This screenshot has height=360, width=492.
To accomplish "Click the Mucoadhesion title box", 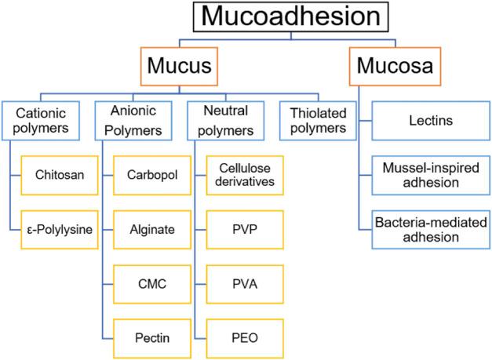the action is pyautogui.click(x=290, y=16).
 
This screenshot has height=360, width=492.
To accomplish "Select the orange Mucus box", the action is pyautogui.click(x=179, y=66).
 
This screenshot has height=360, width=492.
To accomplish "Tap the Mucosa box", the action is pyautogui.click(x=395, y=66).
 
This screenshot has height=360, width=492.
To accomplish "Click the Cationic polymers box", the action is pyautogui.click(x=41, y=121).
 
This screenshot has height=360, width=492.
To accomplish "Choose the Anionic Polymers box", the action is pyautogui.click(x=133, y=121).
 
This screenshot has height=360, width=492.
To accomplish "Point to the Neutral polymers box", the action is pyautogui.click(x=226, y=121).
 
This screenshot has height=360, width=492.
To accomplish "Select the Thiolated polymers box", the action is pyautogui.click(x=318, y=121).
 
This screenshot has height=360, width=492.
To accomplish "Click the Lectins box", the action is pyautogui.click(x=431, y=121).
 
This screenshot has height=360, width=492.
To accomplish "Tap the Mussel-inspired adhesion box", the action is pyautogui.click(x=431, y=176).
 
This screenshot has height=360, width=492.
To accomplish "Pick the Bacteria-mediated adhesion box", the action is pyautogui.click(x=431, y=230).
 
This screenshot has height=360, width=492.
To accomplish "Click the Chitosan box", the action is pyautogui.click(x=60, y=176).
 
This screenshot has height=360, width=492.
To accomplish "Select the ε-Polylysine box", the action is pyautogui.click(x=60, y=230).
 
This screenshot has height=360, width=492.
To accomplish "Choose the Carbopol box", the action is pyautogui.click(x=152, y=176).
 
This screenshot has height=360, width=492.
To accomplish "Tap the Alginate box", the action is pyautogui.click(x=152, y=230).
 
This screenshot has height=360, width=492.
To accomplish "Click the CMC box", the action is pyautogui.click(x=152, y=284).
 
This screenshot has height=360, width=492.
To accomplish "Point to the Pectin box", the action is pyautogui.click(x=152, y=339).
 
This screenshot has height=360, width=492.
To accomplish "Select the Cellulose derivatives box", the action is pyautogui.click(x=245, y=176).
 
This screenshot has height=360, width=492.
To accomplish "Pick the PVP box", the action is pyautogui.click(x=245, y=230).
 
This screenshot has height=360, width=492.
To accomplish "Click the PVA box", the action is pyautogui.click(x=245, y=284).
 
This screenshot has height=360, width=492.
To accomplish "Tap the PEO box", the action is pyautogui.click(x=245, y=339).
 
